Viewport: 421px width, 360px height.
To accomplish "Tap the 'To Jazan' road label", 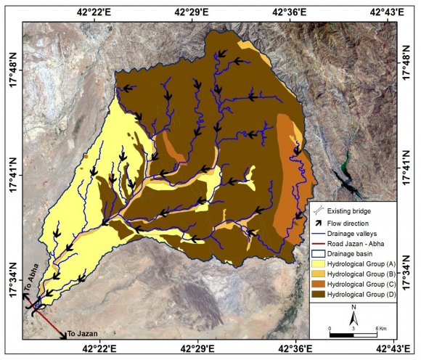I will (81, 334).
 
